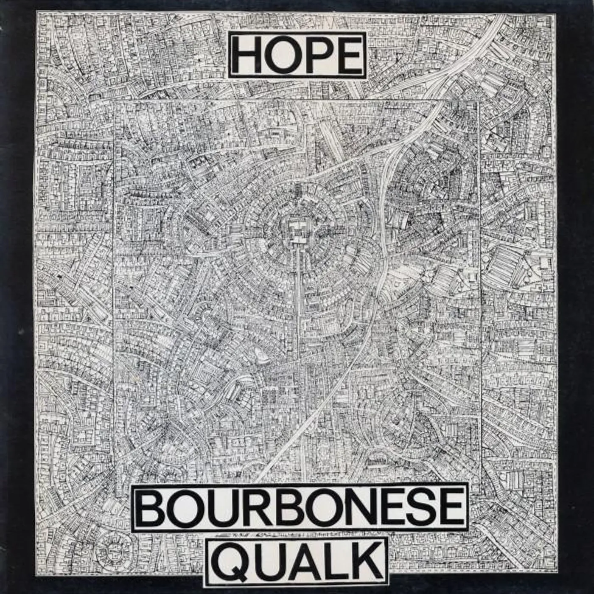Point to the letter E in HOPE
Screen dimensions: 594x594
347,56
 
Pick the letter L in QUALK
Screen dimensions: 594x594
333,559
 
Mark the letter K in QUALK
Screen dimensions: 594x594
363,559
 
